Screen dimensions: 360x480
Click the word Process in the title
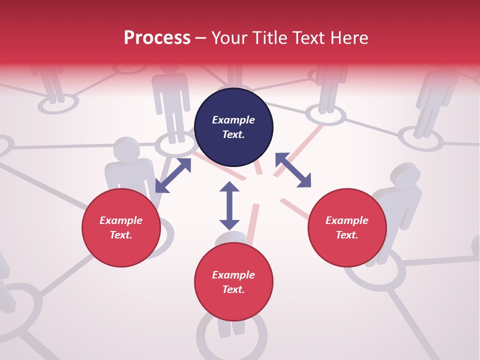[x=157, y=38]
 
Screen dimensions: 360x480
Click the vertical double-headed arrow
[x=229, y=205]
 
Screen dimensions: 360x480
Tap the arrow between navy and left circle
[x=173, y=175]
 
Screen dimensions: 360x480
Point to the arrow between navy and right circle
[x=293, y=170]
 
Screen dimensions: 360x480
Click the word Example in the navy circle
[x=233, y=120]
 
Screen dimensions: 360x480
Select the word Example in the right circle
[x=347, y=220]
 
